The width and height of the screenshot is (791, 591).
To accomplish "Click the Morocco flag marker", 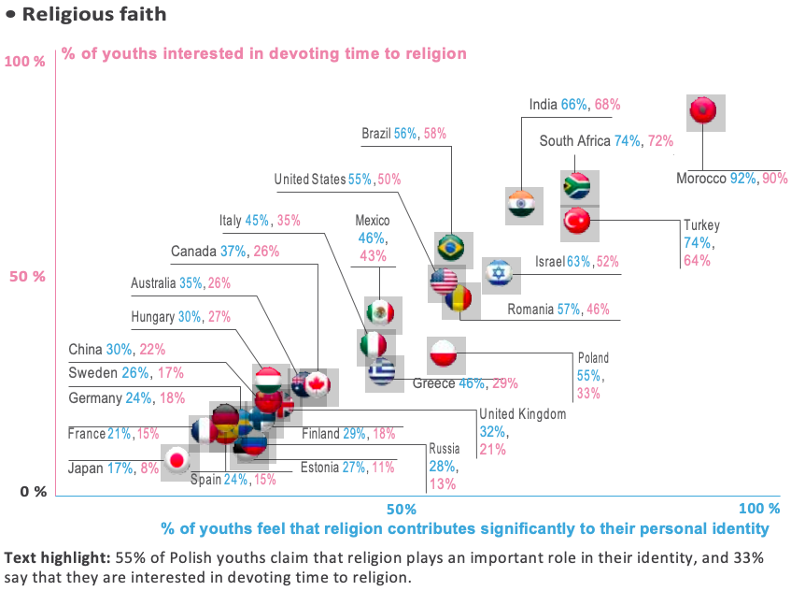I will point(701,110).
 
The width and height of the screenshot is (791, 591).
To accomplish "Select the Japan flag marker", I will point(177,460).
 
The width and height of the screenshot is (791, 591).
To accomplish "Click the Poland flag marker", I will point(443,355).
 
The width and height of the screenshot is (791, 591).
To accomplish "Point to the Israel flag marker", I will point(499,272).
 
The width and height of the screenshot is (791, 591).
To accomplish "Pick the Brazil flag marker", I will point(452,248).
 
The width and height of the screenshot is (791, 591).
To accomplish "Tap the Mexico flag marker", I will point(380,312).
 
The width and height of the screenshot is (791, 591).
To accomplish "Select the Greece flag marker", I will point(381,372).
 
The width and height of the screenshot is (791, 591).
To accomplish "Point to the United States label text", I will point(309,179).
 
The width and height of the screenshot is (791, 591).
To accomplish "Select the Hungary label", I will point(153,317).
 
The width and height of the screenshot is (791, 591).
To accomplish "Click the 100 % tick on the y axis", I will point(25,62).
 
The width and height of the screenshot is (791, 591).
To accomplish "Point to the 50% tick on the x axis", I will point(401,509).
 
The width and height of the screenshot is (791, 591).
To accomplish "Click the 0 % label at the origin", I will point(32,492).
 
